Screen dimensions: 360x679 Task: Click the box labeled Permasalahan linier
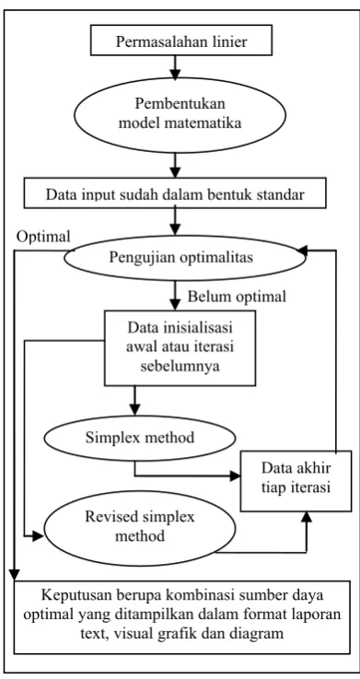tap(181, 41)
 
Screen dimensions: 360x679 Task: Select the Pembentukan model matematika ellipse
tap(180, 115)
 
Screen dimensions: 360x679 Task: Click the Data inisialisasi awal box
tap(180, 347)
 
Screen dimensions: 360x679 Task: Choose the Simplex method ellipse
tap(140, 438)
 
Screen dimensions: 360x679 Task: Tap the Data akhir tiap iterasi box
tap(296, 482)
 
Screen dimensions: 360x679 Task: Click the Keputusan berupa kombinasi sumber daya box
tap(181, 617)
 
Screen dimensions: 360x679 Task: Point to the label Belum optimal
tap(237, 297)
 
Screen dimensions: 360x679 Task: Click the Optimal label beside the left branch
tap(43, 237)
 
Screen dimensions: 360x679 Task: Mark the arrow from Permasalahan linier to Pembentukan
tap(174, 68)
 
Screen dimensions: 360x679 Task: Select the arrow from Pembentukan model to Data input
tap(174, 165)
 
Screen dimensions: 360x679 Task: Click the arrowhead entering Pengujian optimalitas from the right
tap(302, 251)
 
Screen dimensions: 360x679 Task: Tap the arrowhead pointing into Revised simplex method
tap(39, 536)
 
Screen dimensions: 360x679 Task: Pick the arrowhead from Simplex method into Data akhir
tap(236, 476)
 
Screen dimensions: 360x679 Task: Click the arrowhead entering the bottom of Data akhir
tap(307, 517)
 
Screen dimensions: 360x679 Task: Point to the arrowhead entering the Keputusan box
tap(15, 576)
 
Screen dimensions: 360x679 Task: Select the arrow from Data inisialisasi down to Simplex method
tap(134, 401)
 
